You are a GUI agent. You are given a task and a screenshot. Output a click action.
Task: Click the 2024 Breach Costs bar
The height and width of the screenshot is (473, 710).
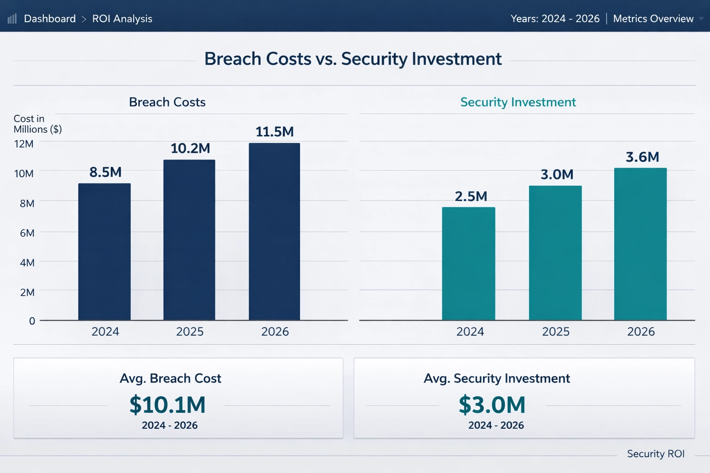point(104,252)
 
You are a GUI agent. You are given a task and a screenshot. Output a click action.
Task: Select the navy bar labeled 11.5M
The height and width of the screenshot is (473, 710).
point(274,231)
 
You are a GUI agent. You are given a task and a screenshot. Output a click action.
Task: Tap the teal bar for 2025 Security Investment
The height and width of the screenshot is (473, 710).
point(555,253)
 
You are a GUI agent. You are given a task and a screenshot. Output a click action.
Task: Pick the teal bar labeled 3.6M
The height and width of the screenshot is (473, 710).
point(640,244)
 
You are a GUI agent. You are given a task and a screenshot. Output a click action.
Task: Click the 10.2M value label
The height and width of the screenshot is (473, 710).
point(190,148)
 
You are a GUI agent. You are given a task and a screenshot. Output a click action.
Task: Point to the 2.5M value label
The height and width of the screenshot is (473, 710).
point(471,196)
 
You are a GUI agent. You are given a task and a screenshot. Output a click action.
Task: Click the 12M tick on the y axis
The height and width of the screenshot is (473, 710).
point(24,144)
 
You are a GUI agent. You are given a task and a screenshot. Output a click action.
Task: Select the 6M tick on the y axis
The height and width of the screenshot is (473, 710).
point(27,233)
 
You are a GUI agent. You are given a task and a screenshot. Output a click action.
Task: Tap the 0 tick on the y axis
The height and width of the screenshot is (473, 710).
point(32,321)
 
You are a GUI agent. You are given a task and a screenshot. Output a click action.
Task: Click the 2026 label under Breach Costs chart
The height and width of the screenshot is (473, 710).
point(275,332)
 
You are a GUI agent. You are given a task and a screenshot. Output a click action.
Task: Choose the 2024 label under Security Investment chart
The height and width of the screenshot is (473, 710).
point(470,332)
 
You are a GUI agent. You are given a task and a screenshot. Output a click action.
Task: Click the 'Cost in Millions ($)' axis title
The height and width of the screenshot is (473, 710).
point(37,124)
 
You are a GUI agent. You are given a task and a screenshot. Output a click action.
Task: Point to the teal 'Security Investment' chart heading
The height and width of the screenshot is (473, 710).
point(518,102)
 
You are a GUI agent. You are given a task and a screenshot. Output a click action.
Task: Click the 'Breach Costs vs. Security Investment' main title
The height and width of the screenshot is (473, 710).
point(353,59)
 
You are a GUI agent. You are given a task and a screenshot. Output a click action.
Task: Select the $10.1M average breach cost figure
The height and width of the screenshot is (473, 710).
point(167,405)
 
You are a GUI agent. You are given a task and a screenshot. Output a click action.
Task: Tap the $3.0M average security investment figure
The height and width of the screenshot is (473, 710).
point(492,405)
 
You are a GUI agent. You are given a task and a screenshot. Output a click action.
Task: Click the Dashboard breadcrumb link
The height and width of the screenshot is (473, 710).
point(49,18)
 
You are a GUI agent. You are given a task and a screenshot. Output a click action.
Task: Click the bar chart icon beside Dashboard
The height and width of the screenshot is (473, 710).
point(12,18)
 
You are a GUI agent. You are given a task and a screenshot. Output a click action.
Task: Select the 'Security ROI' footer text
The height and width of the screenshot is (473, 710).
point(655,454)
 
